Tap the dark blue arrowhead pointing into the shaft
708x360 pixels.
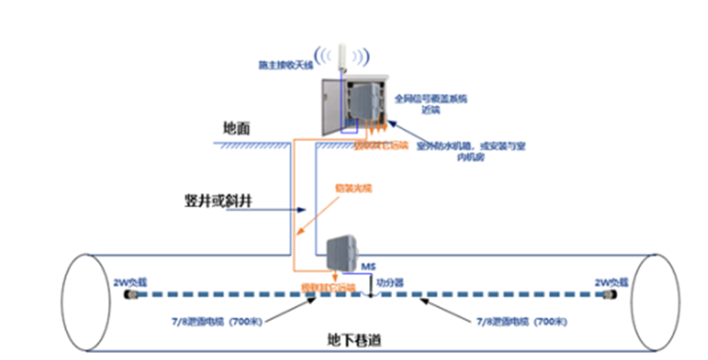click(x=303, y=210)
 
